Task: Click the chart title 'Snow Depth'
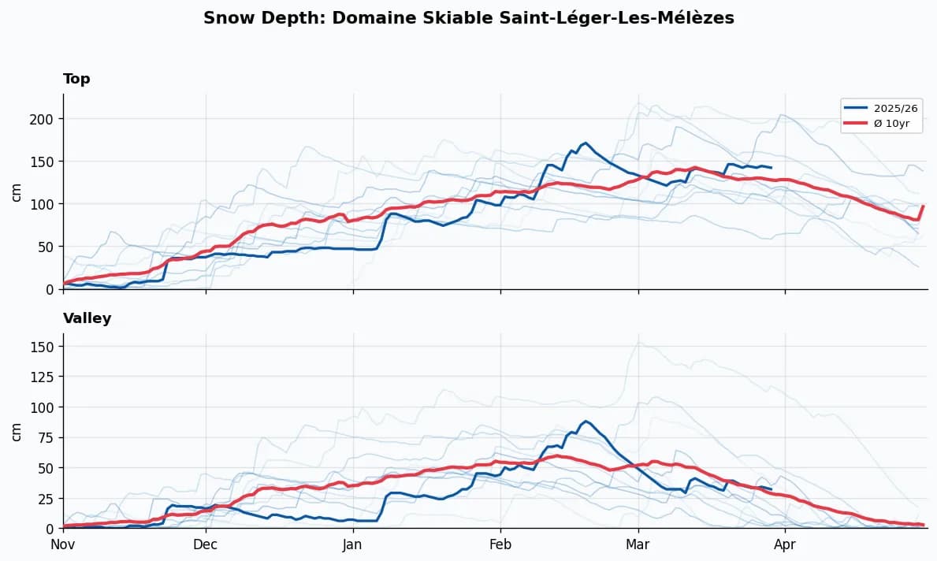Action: point(468,18)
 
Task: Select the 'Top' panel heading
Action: point(76,79)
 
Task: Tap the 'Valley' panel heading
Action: point(87,318)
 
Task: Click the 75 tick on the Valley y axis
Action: point(47,437)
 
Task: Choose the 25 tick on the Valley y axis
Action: point(47,498)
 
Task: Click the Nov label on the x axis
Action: point(63,544)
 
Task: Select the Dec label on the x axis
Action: point(206,544)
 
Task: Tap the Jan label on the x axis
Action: point(353,544)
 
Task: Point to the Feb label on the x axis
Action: point(500,544)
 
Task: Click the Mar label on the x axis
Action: point(638,544)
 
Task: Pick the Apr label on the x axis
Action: point(785,544)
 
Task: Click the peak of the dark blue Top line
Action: point(586,143)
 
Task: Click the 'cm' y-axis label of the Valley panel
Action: point(17,431)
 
